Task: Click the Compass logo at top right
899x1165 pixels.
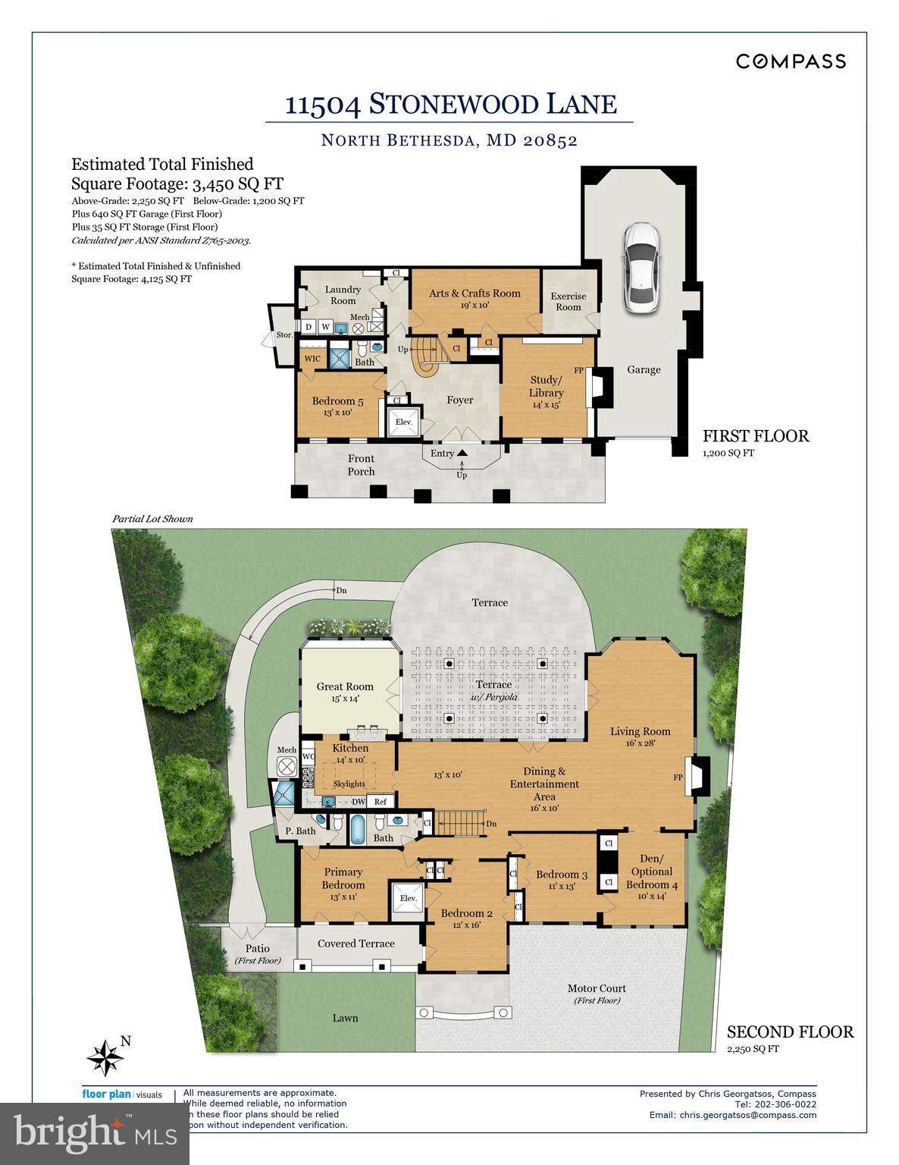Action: [x=791, y=61]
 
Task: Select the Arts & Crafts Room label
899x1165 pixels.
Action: [x=475, y=294]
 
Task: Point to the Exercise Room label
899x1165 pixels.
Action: [x=568, y=301]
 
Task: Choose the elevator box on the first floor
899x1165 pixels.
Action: [x=403, y=422]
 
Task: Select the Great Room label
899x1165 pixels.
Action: [x=345, y=692]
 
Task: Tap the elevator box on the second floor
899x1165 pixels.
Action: [x=408, y=899]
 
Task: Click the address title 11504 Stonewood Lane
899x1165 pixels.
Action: [x=450, y=104]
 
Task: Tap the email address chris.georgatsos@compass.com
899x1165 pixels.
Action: [x=732, y=1115]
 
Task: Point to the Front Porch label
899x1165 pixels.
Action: [x=361, y=465]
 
